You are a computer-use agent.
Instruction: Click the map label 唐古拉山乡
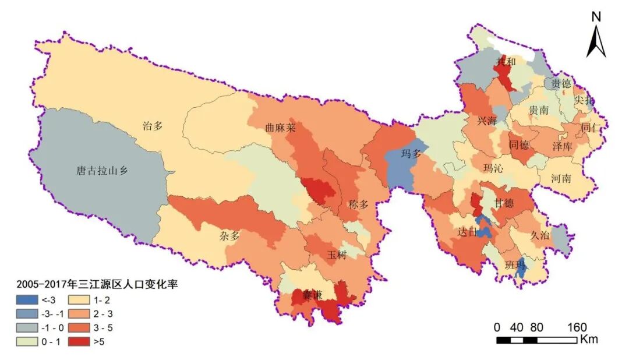pyautogui.click(x=102, y=171)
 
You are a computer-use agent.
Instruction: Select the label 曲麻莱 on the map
pyautogui.click(x=281, y=128)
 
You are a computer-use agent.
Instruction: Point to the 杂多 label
pyautogui.click(x=229, y=235)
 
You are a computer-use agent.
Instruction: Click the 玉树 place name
pyautogui.click(x=337, y=255)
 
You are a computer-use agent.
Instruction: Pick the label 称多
pyautogui.click(x=359, y=204)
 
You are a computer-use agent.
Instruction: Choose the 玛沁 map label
pyautogui.click(x=494, y=168)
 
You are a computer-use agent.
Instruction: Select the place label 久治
pyautogui.click(x=540, y=235)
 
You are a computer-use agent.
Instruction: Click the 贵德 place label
pyautogui.click(x=561, y=84)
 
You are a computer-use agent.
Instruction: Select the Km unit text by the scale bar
pyautogui.click(x=588, y=339)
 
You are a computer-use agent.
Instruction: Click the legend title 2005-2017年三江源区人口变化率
pyautogui.click(x=96, y=285)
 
